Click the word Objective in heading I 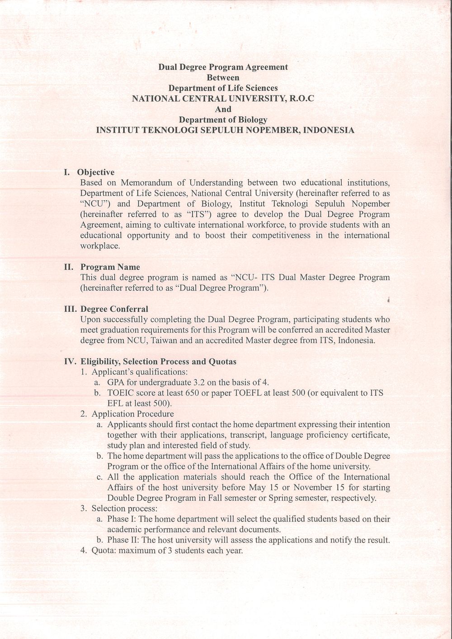96,172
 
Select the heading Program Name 110,267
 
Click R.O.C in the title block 298,99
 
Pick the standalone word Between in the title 223,78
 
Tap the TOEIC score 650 193,393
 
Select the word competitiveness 280,235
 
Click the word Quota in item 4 102,551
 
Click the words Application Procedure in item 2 132,414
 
